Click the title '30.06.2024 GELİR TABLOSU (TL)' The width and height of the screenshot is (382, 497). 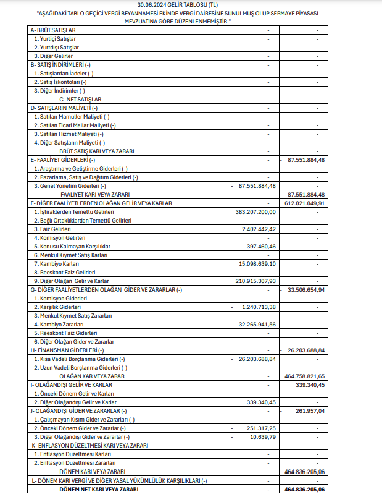(x=191, y=4)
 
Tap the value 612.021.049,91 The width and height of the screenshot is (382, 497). (x=304, y=202)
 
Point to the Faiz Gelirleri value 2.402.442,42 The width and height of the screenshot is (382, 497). (x=260, y=229)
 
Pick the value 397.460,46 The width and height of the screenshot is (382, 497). (x=261, y=246)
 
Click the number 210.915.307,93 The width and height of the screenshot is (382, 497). (x=254, y=281)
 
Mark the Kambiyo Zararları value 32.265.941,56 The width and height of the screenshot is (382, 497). (x=256, y=324)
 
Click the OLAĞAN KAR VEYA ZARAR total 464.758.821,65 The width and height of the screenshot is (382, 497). (x=304, y=376)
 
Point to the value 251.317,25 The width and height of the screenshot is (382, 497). (x=261, y=428)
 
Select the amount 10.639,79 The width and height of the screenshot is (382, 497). (x=262, y=436)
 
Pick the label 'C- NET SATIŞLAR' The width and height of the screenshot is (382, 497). (x=80, y=99)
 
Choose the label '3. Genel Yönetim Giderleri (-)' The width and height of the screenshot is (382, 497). (x=70, y=185)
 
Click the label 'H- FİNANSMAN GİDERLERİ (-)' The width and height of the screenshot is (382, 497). (x=67, y=350)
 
